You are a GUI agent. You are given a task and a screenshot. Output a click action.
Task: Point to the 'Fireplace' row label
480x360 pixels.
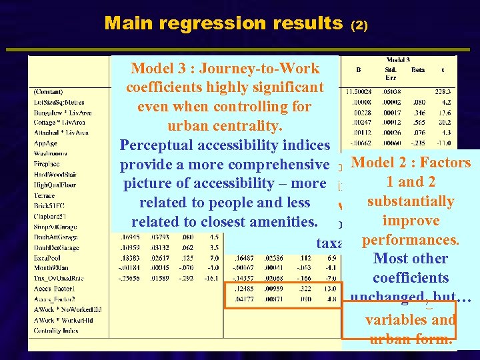(46, 163)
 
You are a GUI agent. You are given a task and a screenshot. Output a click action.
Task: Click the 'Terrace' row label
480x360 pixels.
(44, 195)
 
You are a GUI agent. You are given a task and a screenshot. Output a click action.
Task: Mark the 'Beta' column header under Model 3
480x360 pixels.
(417, 69)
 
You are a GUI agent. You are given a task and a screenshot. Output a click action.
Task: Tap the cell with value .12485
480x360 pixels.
(241, 289)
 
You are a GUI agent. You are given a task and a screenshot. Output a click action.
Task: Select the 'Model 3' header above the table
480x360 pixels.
(402, 59)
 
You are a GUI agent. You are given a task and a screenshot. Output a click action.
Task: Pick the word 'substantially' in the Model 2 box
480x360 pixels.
(410, 201)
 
